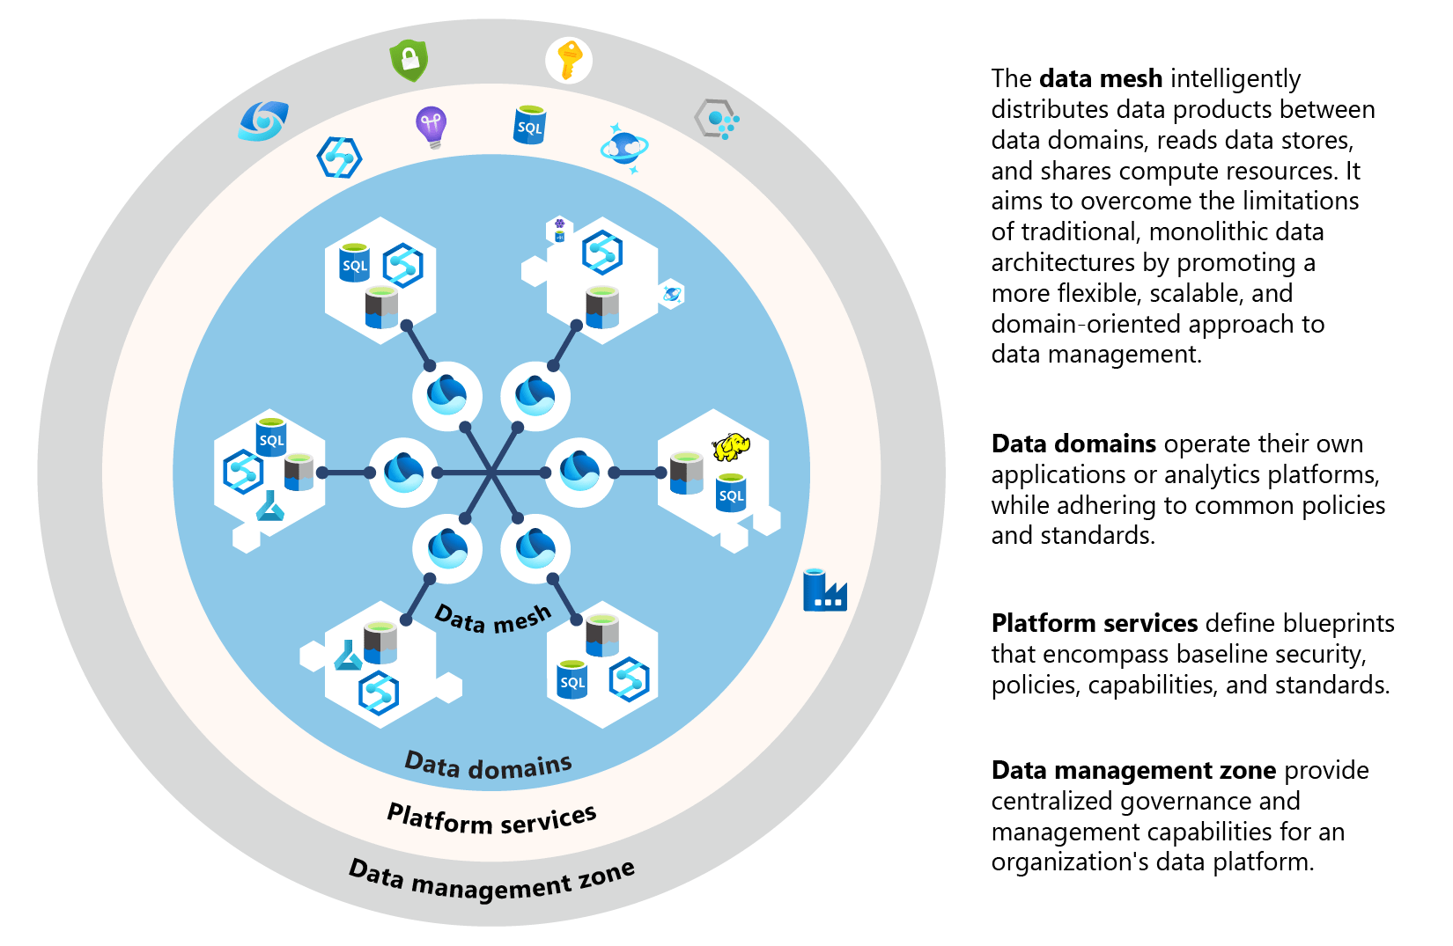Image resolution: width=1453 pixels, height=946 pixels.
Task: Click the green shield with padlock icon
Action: (x=409, y=60)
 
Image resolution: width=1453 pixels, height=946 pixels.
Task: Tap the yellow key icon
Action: (x=569, y=60)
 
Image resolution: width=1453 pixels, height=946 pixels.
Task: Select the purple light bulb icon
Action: (x=431, y=127)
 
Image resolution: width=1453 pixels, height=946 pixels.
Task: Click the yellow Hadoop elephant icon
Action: (x=731, y=447)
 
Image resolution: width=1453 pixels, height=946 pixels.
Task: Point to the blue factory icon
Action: (x=824, y=590)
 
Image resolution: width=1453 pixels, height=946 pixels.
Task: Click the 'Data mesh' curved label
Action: (x=493, y=619)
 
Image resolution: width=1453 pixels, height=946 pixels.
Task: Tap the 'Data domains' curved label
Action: (x=488, y=766)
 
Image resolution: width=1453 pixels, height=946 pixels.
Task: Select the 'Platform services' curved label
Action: (x=491, y=819)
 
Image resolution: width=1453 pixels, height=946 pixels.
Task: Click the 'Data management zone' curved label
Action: (x=491, y=879)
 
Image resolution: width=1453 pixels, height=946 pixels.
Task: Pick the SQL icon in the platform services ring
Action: (x=529, y=125)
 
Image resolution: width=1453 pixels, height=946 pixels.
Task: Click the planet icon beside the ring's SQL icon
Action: (x=624, y=147)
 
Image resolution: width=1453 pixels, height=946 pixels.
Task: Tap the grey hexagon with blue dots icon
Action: (x=715, y=120)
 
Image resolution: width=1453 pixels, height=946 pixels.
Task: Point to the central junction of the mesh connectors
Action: (x=491, y=473)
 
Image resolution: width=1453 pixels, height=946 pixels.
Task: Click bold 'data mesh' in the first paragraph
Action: (x=1101, y=79)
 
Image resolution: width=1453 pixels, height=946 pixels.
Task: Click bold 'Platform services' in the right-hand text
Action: (x=1094, y=624)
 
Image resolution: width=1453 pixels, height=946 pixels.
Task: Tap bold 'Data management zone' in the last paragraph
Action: (x=1132, y=771)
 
